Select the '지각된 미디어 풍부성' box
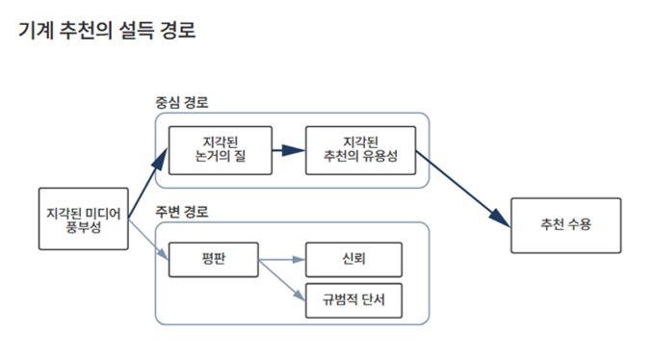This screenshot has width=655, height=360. click(x=85, y=219)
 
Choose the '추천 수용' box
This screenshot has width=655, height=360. click(x=565, y=225)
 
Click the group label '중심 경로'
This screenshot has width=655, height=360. click(x=182, y=102)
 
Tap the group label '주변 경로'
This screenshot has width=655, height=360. click(x=182, y=211)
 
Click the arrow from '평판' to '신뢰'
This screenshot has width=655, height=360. click(x=281, y=259)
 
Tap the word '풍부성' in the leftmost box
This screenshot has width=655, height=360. click(x=85, y=227)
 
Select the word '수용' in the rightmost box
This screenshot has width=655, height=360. click(x=579, y=225)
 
